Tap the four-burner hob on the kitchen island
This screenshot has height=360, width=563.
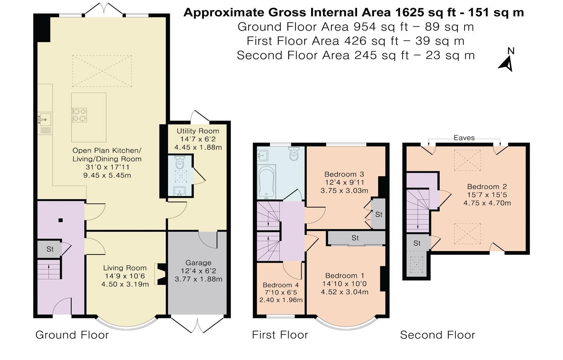pos(79,115)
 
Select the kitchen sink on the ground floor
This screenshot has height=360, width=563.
pos(45,119)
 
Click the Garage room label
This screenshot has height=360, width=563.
pos(198,263)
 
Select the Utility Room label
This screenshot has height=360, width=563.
pos(198,131)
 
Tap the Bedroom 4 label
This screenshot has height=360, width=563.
pos(281,285)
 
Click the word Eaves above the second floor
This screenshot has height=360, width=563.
pos(464,138)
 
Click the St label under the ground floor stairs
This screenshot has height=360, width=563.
pos(50,249)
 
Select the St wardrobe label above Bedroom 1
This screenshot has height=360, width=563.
pos(355,238)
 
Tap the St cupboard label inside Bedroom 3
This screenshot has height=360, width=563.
pos(379,214)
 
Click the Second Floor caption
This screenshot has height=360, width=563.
pos(438,335)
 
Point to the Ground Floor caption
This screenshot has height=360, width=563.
pos(72,335)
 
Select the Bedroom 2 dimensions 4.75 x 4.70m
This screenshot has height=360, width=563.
pos(487,203)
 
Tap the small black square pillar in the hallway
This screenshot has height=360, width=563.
pos(61,220)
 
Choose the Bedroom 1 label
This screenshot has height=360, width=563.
pos(345,276)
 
